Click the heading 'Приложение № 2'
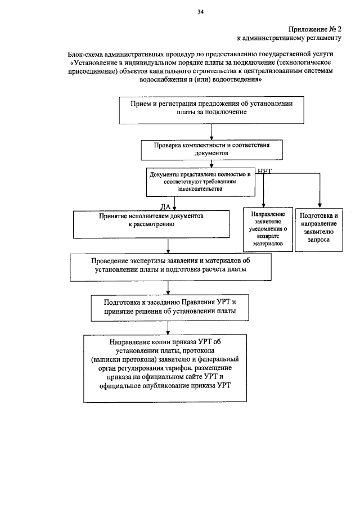pyautogui.click(x=315, y=29)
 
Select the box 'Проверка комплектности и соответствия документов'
pyautogui.click(x=211, y=149)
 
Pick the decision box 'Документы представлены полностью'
pyautogui.click(x=200, y=182)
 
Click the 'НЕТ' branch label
pyautogui.click(x=264, y=172)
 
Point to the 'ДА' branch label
pyautogui.click(x=165, y=206)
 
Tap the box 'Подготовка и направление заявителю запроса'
pyautogui.click(x=319, y=227)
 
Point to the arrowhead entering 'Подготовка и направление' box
pyautogui.click(x=319, y=205)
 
